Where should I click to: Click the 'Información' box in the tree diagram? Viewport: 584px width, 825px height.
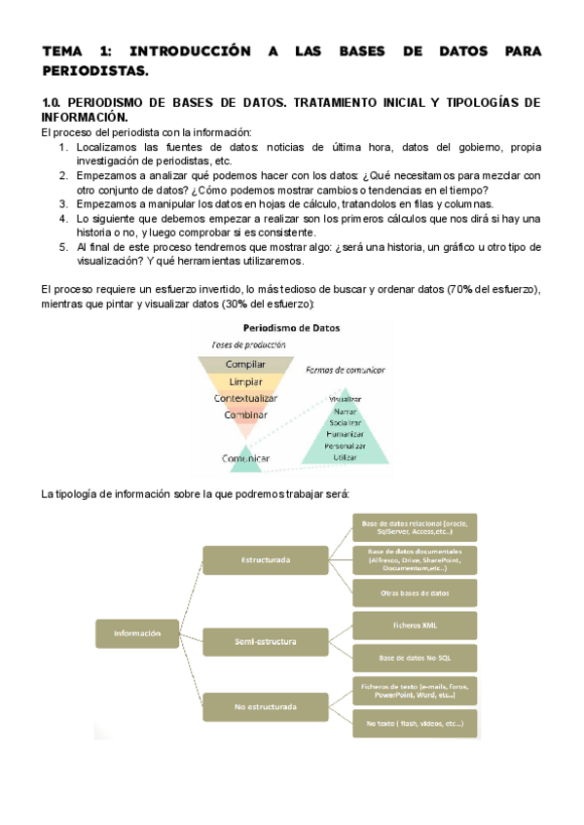point(137,633)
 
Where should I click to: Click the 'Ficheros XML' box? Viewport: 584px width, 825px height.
point(415,625)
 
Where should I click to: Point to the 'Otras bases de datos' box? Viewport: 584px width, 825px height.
point(415,592)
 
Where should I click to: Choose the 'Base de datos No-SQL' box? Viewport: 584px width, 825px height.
point(415,657)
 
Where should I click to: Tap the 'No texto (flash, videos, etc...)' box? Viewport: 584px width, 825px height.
point(415,724)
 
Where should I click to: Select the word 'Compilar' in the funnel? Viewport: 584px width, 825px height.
point(244,365)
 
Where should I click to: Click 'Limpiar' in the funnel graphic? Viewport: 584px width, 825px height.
point(244,381)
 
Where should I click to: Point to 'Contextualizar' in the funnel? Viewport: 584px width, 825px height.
point(245,398)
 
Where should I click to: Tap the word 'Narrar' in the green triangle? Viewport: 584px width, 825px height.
point(346,412)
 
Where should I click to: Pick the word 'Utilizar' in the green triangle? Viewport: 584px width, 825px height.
point(346,456)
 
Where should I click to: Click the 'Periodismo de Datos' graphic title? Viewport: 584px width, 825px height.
point(292,329)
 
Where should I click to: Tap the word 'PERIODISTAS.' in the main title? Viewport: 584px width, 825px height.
point(96,71)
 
